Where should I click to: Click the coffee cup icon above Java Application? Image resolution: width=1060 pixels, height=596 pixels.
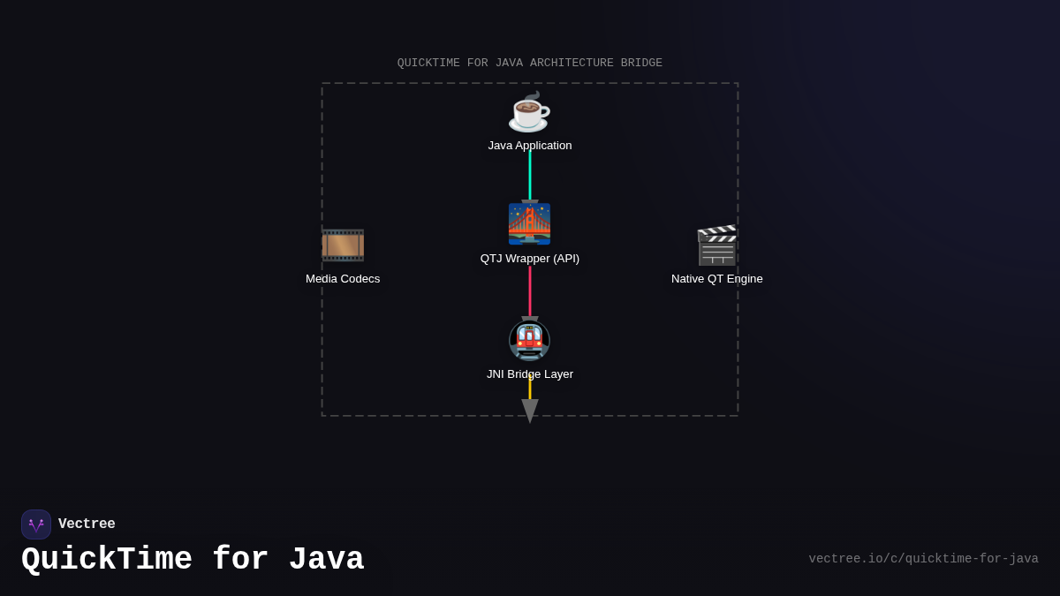[529, 112]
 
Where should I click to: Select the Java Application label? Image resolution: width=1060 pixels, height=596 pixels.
[530, 146]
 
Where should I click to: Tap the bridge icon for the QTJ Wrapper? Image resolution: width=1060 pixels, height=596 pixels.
[529, 223]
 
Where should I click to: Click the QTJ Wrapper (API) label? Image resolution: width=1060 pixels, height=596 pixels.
[530, 259]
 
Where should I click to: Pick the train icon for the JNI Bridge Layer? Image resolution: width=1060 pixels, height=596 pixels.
[529, 340]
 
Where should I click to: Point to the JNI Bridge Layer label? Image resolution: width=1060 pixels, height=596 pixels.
[530, 374]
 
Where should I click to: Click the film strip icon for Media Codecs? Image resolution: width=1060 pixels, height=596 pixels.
[343, 245]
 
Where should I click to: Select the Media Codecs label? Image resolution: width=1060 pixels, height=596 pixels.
[343, 279]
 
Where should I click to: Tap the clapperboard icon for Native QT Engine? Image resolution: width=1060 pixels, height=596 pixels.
[716, 245]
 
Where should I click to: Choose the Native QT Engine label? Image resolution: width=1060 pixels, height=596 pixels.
[716, 279]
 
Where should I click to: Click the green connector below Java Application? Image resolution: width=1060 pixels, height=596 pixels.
[530, 177]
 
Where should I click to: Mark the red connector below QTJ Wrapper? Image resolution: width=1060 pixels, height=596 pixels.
[530, 291]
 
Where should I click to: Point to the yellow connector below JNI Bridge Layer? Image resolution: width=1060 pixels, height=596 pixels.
[530, 389]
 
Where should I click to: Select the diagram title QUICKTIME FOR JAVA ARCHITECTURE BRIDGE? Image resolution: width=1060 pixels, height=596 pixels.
[530, 64]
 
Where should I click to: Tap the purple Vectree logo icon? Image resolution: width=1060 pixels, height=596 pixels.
[36, 524]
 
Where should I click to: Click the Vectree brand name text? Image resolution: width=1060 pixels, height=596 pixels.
[87, 524]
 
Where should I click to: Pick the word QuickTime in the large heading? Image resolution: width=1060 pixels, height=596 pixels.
[107, 560]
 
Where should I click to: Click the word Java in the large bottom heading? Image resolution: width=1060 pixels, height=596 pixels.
[326, 560]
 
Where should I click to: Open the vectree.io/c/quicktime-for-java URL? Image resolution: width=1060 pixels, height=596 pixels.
[923, 559]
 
